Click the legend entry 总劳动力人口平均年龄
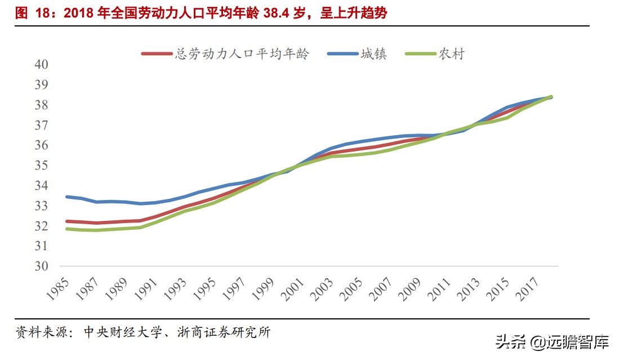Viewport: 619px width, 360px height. pyautogui.click(x=242, y=54)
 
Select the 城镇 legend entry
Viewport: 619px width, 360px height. pyautogui.click(x=374, y=54)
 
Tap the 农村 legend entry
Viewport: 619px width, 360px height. pyautogui.click(x=452, y=54)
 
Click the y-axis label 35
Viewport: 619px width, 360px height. pyautogui.click(x=42, y=166)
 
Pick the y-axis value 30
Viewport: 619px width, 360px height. pyautogui.click(x=42, y=266)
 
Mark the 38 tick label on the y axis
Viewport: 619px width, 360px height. pyautogui.click(x=42, y=105)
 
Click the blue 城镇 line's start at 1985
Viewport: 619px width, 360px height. pyautogui.click(x=67, y=197)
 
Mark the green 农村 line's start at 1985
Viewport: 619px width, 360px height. pyautogui.click(x=67, y=229)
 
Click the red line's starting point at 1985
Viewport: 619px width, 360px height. pyautogui.click(x=67, y=221)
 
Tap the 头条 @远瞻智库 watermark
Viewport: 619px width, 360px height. pyautogui.click(x=551, y=342)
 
